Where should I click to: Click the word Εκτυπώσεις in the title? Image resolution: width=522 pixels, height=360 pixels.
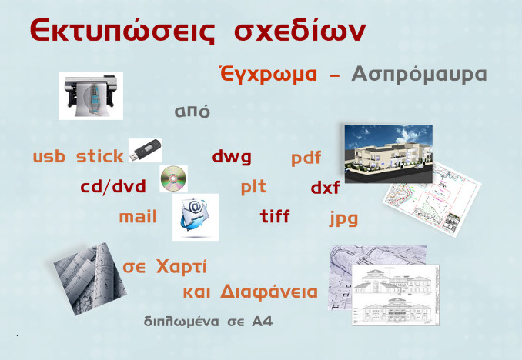pos(122,31)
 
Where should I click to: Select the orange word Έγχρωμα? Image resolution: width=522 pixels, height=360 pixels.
pos(268,74)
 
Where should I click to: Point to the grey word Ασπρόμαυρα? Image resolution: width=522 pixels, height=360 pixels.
pos(419,75)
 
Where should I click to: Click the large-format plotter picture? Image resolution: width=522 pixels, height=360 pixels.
pos(91,96)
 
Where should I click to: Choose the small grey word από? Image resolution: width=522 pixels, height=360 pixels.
pos(192,112)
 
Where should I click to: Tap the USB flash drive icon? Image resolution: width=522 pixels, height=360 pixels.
pos(146,151)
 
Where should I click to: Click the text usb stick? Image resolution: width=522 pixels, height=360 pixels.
pos(79,156)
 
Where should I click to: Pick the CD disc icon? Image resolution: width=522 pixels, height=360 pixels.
pos(173,178)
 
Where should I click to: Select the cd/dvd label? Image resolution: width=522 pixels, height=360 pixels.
pos(113,186)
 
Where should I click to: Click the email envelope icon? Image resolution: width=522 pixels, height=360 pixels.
pos(196,217)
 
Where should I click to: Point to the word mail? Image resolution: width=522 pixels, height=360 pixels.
pos(138,217)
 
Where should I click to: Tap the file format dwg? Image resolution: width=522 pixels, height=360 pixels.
pos(232,157)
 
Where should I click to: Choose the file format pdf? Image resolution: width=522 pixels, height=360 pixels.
pos(306,158)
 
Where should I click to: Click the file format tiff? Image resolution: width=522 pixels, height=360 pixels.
pos(275,216)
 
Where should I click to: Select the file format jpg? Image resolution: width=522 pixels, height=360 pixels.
pos(343,218)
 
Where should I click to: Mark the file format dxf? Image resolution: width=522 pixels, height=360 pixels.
pos(325,188)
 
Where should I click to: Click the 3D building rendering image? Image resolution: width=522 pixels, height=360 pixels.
pos(389,154)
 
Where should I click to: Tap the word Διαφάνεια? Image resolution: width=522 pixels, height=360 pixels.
pos(269,292)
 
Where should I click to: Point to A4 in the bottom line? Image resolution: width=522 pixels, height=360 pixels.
pos(263,322)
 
